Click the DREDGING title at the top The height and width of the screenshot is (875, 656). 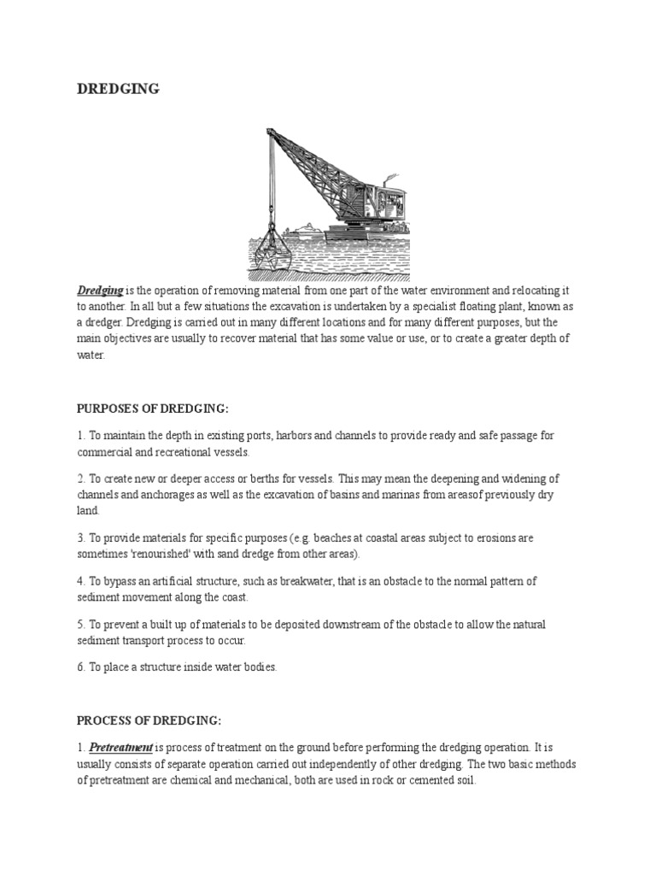118,89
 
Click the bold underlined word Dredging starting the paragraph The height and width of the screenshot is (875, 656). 101,291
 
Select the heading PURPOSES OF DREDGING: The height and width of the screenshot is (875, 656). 153,408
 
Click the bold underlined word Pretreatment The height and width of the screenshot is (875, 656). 121,747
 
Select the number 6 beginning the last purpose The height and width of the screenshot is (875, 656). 80,667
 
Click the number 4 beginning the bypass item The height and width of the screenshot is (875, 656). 80,581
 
